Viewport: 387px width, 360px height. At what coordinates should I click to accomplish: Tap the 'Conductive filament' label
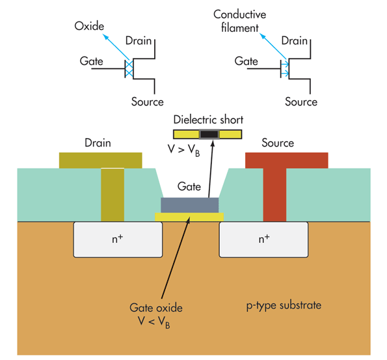[x=239, y=21]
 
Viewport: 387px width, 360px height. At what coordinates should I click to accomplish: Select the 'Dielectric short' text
[x=207, y=120]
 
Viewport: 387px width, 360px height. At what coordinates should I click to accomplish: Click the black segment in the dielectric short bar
[x=209, y=135]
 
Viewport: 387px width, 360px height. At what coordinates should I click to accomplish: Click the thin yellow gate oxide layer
[x=189, y=216]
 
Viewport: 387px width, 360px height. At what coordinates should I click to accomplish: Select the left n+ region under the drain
[x=118, y=239]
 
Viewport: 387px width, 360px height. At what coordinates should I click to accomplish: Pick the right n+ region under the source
[x=263, y=239]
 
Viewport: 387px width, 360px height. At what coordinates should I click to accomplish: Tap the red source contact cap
[x=286, y=160]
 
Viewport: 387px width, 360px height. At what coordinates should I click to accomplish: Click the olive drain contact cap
[x=101, y=160]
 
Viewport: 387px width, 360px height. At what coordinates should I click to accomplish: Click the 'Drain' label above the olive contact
[x=98, y=143]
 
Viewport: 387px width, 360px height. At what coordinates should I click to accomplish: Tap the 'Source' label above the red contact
[x=277, y=143]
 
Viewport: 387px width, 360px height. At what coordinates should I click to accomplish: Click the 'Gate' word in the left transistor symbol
[x=92, y=61]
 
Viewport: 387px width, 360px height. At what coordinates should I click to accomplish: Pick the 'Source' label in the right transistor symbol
[x=301, y=102]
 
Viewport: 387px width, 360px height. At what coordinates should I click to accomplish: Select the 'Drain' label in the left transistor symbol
[x=138, y=41]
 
